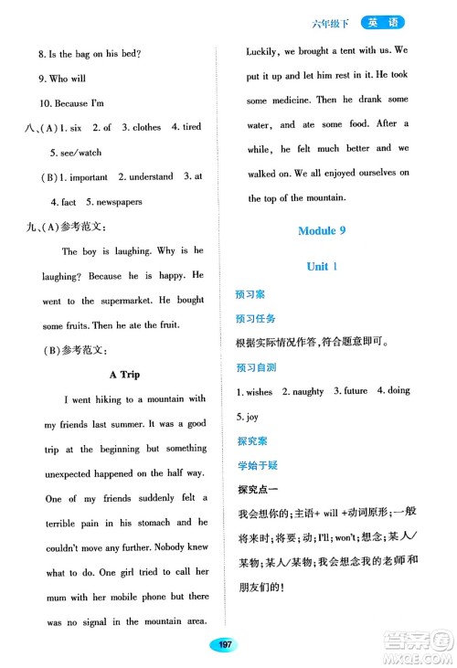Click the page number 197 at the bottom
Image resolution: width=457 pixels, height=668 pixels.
224,646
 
